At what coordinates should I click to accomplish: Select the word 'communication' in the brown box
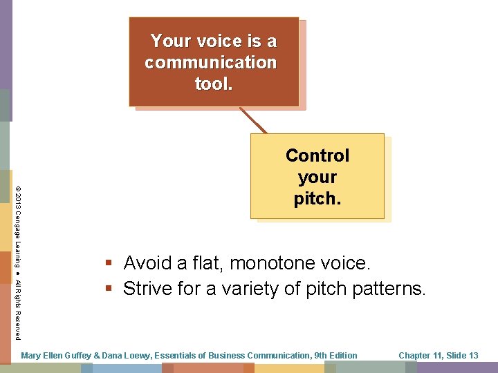click(x=211, y=63)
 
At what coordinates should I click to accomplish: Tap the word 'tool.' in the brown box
click(x=214, y=84)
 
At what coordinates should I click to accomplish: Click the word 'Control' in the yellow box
click(x=317, y=156)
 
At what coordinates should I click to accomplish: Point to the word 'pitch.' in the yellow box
click(x=317, y=199)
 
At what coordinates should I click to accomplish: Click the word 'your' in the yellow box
click(x=317, y=178)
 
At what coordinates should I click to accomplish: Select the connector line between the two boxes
click(x=253, y=120)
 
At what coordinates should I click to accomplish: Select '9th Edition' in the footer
click(x=335, y=356)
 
